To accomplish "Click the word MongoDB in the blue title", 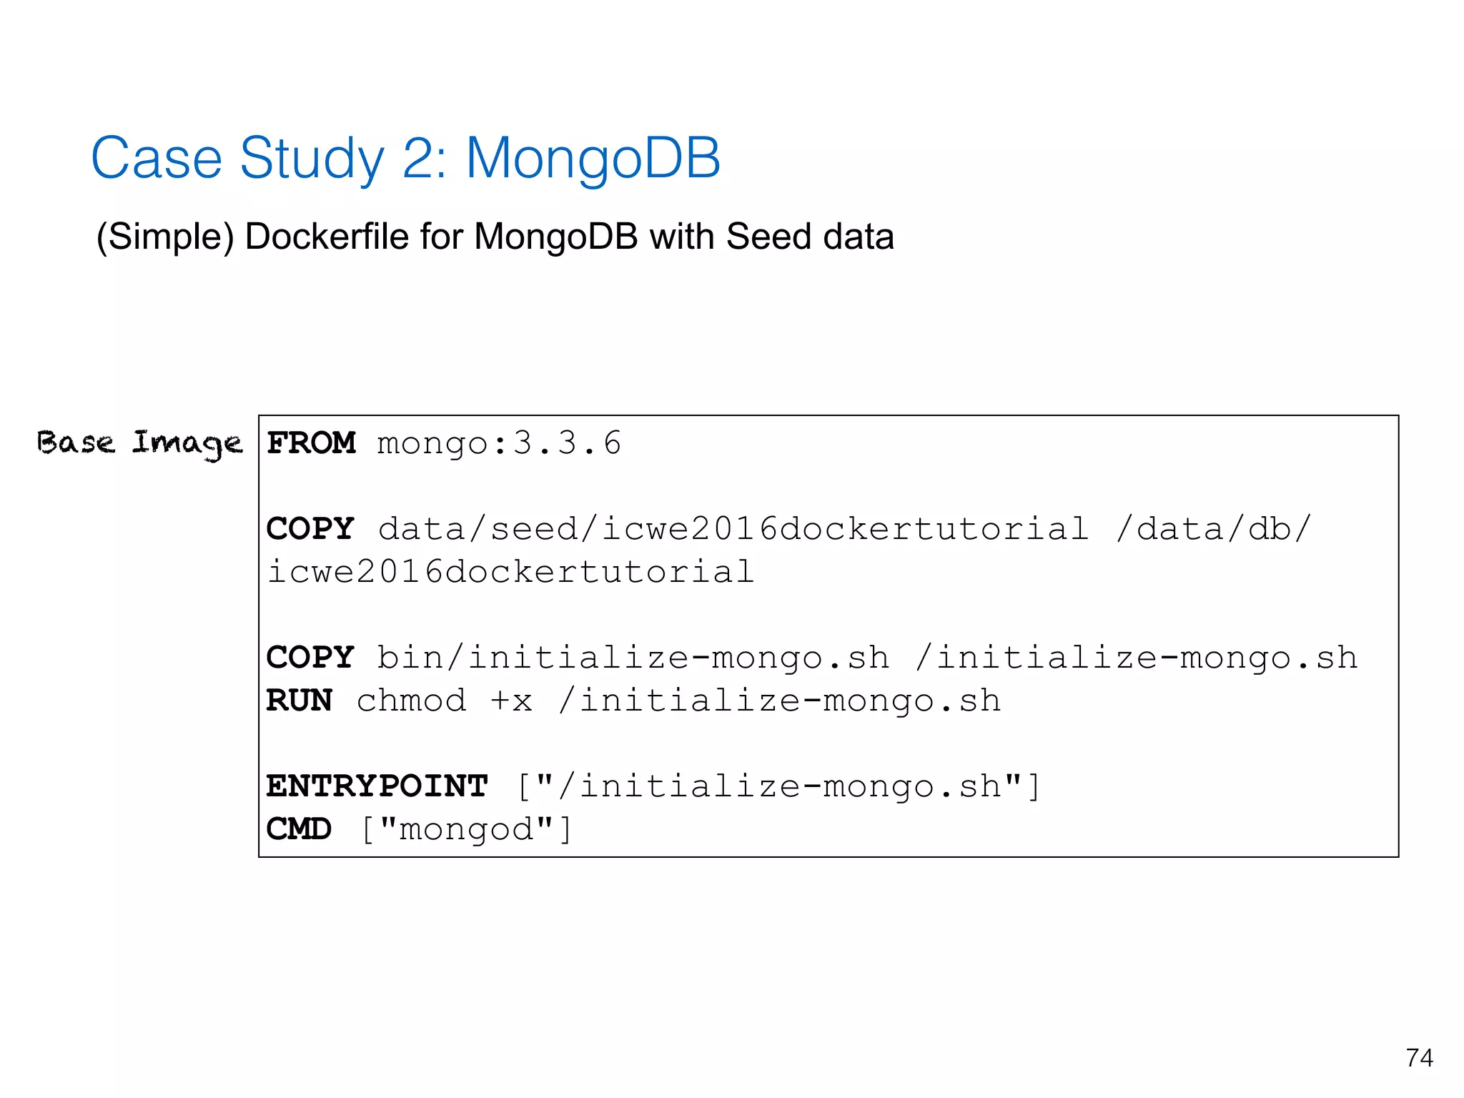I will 593,158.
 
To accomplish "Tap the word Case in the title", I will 157,158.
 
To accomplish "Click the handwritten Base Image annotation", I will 139,444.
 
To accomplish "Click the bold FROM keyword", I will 311,443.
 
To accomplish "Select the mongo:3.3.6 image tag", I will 499,443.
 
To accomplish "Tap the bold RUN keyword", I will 299,701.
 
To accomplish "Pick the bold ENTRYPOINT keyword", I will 377,786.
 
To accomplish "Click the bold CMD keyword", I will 299,829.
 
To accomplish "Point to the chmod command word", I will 411,701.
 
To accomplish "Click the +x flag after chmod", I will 512,701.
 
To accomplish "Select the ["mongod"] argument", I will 466,829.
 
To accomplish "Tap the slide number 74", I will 1419,1057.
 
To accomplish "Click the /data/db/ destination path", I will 1213,529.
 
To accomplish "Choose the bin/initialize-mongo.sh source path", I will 633,658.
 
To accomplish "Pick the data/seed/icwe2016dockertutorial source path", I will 733,529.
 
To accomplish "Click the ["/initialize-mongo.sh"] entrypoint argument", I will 778,786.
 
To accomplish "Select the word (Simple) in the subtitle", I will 165,237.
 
